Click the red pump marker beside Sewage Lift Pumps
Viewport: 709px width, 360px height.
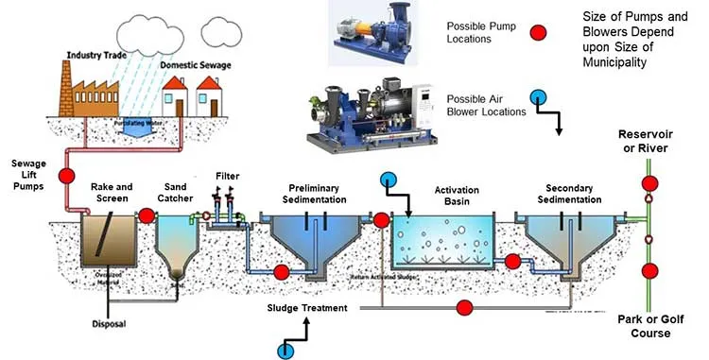(66, 176)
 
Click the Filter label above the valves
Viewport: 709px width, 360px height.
(227, 176)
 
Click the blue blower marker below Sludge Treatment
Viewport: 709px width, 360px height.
(285, 351)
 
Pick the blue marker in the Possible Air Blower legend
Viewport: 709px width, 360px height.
(537, 97)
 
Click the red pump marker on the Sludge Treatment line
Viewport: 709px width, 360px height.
(464, 307)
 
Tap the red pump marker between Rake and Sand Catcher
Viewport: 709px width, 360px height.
(147, 215)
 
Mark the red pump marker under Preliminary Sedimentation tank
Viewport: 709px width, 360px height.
(281, 273)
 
